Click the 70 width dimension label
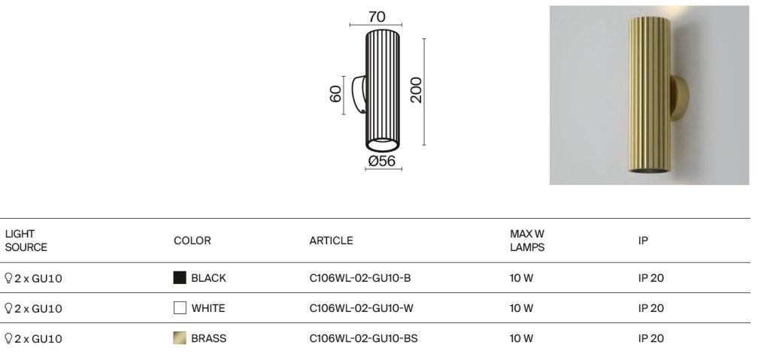tap(377, 17)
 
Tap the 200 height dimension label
tap(416, 90)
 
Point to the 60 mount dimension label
tap(335, 94)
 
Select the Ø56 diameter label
tap(381, 161)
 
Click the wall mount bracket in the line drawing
tap(359, 94)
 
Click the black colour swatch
tap(180, 278)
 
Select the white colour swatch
tap(180, 308)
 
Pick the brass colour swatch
tap(180, 338)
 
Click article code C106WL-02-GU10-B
tap(360, 278)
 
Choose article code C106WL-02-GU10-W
tap(362, 308)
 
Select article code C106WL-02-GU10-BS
tap(363, 338)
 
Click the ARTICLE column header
tap(331, 241)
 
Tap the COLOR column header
tap(192, 241)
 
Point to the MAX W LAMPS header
tap(527, 241)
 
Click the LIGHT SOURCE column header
tap(26, 241)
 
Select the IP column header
tap(643, 241)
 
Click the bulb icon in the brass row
tap(8, 338)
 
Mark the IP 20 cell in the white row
tap(651, 308)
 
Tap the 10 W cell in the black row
tap(521, 278)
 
